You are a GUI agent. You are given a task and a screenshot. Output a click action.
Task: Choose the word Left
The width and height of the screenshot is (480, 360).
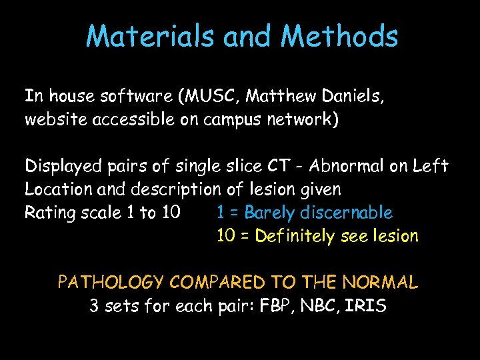tap(433, 165)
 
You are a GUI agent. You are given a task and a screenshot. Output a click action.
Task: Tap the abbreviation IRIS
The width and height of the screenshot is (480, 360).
tap(366, 306)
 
